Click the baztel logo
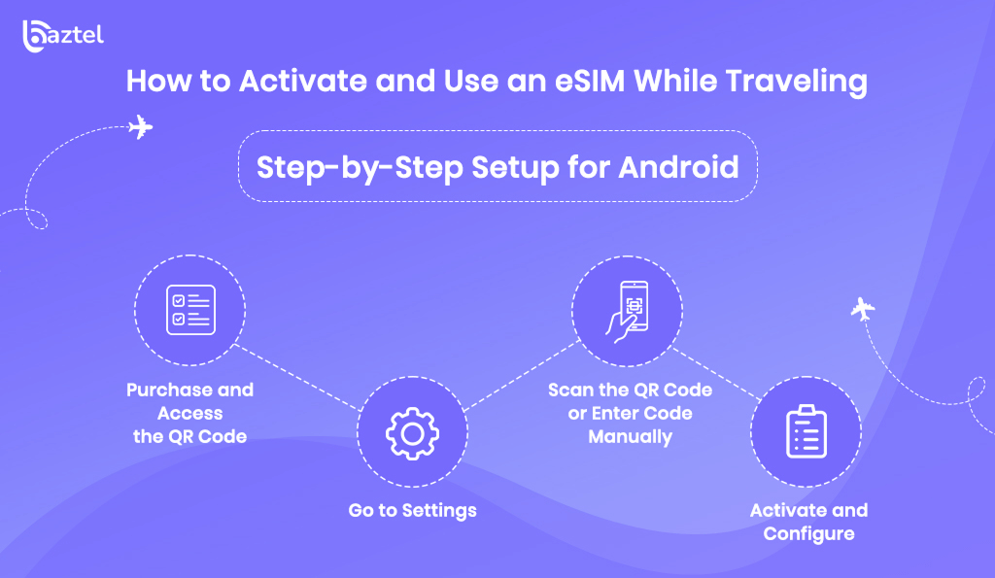tap(63, 36)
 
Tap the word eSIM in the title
tap(590, 82)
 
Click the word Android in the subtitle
tap(678, 167)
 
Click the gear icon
tap(412, 433)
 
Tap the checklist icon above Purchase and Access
tap(190, 310)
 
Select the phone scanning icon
tap(627, 312)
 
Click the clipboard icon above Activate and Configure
tap(806, 431)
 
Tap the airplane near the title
tap(140, 127)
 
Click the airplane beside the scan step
tap(863, 309)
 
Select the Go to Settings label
tap(412, 511)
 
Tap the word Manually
tap(630, 437)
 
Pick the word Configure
tap(808, 534)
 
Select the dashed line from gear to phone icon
tap(522, 376)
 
